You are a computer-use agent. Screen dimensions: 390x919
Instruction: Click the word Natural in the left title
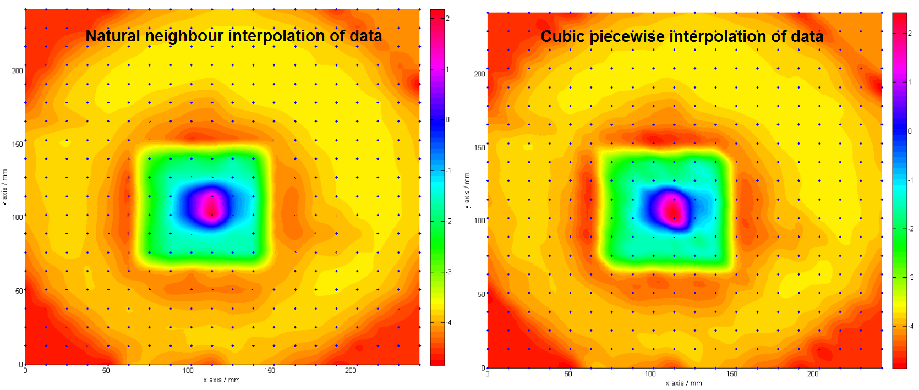tap(113, 36)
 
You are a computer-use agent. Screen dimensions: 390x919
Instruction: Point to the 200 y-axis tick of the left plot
tap(18, 70)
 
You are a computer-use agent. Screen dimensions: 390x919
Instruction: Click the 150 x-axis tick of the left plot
tap(270, 371)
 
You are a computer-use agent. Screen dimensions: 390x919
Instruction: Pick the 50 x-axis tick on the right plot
tap(568, 374)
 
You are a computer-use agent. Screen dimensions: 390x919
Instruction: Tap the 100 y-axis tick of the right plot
tap(480, 221)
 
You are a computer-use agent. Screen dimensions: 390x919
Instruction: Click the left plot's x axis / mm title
tap(221, 380)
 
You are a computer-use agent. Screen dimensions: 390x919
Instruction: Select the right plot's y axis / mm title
tap(467, 191)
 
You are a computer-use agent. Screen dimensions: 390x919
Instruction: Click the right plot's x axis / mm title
tap(683, 383)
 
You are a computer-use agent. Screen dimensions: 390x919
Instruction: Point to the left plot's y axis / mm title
tap(5, 188)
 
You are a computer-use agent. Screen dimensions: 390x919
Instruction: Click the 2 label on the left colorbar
tap(447, 18)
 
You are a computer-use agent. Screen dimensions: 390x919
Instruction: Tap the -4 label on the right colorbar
tap(910, 326)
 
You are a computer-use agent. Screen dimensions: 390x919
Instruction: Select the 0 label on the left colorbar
tap(447, 119)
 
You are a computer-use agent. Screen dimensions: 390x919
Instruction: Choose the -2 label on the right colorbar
tap(910, 229)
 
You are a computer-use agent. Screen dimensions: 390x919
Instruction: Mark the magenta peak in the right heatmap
tap(671, 208)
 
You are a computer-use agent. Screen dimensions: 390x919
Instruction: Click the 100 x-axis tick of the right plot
tap(650, 374)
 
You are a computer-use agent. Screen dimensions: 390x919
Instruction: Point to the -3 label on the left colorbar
tap(448, 272)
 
